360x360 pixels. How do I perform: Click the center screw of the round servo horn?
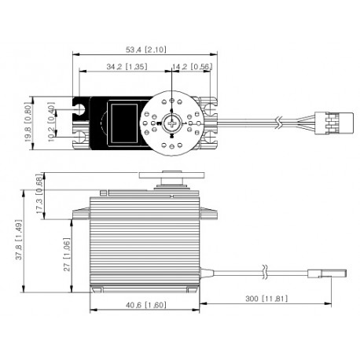tap(174, 123)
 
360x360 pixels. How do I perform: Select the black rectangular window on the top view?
tap(126, 122)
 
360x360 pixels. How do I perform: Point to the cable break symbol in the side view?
tap(266, 274)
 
